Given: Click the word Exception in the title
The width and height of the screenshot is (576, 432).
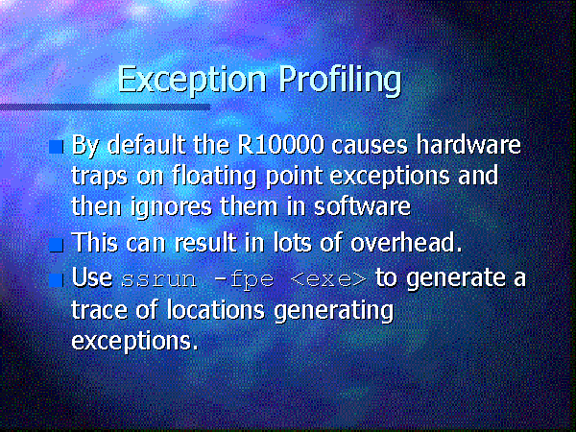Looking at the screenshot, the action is [192, 80].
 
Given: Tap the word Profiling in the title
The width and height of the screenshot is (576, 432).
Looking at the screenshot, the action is [340, 80].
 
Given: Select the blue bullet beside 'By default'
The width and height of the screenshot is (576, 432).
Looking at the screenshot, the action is [57, 147].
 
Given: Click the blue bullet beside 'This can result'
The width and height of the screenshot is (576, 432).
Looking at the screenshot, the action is [57, 245].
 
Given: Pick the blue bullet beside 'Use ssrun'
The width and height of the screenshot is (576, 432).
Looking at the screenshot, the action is [57, 279].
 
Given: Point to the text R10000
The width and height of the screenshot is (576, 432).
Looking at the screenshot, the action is [280, 145].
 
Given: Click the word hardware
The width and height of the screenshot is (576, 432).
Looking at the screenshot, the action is [468, 145].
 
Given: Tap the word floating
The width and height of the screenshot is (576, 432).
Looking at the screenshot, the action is [214, 176].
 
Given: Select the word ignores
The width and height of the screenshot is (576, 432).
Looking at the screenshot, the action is [171, 206].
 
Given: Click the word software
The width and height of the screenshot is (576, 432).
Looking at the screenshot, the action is [362, 206].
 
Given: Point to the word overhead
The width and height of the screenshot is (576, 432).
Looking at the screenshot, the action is [406, 243].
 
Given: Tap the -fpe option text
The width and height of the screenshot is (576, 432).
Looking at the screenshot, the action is [244, 280].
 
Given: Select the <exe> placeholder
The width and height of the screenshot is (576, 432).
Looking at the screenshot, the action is [328, 280].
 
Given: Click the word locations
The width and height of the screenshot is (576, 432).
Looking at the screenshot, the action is [215, 310].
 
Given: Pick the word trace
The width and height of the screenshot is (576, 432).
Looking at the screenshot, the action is [100, 310].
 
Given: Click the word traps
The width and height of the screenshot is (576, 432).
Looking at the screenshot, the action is [99, 177].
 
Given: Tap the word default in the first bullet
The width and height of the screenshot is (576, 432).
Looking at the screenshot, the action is [146, 145].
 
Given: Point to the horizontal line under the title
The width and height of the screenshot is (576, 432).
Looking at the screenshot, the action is [105, 108].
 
